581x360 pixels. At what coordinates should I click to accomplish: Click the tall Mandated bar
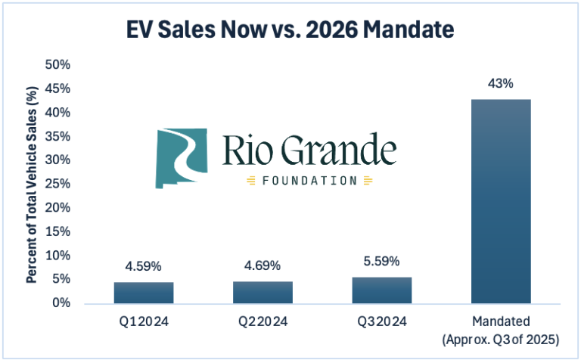pos(500,201)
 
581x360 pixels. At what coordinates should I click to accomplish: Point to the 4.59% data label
pos(143,267)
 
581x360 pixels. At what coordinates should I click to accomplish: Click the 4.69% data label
pos(262,266)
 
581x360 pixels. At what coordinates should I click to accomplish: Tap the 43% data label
pos(500,84)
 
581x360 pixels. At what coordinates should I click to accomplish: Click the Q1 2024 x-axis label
pos(143,321)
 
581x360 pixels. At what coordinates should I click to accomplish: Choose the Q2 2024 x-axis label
pos(262,321)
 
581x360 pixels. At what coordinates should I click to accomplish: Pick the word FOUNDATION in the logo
pos(309,181)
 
